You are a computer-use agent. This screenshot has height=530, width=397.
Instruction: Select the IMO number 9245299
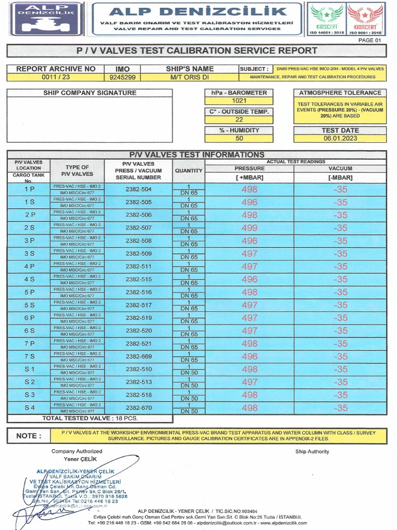(x=123, y=77)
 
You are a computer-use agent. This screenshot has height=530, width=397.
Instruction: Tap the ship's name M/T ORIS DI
(x=189, y=77)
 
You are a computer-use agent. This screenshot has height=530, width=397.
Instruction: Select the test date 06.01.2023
(x=340, y=138)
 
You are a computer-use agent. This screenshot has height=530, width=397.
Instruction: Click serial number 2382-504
(x=139, y=189)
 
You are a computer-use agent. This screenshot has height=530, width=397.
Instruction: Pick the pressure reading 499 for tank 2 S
(x=249, y=228)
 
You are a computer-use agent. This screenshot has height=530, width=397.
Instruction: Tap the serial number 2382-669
(x=139, y=357)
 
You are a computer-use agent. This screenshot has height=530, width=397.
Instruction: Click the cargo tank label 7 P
(x=29, y=344)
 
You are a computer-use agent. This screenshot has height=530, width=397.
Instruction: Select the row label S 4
(x=29, y=408)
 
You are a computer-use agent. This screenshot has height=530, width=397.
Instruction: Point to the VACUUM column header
(x=340, y=168)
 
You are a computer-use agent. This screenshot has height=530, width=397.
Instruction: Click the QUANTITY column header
(x=189, y=170)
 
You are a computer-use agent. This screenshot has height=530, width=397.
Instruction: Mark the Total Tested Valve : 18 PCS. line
(x=90, y=418)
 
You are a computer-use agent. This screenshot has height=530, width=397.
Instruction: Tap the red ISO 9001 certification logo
(x=365, y=19)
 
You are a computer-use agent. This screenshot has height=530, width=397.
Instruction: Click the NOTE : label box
(x=28, y=436)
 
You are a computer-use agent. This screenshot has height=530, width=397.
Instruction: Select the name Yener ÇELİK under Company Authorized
(x=77, y=459)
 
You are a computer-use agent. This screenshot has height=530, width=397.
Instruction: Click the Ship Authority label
(x=312, y=451)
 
